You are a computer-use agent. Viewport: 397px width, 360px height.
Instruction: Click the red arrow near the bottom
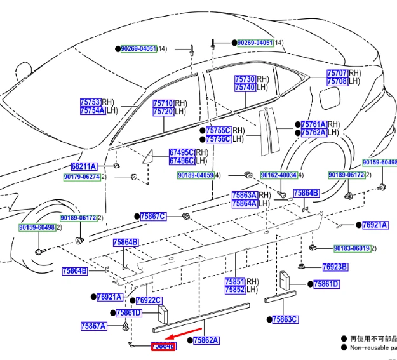pyautogui.click(x=185, y=335)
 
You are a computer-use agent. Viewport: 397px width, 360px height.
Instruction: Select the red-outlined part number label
pyautogui.click(x=163, y=345)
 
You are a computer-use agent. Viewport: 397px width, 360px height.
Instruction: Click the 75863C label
pyautogui.click(x=285, y=319)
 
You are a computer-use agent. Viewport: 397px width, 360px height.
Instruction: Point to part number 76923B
pyautogui.click(x=334, y=267)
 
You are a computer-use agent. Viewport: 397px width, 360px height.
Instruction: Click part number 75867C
pyautogui.click(x=153, y=217)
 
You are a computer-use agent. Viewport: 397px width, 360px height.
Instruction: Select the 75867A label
pyautogui.click(x=93, y=326)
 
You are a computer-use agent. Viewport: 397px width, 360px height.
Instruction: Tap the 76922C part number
pyautogui.click(x=148, y=300)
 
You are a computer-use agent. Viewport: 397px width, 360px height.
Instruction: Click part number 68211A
pyautogui.click(x=83, y=166)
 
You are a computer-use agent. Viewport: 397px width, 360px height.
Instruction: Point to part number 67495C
pyautogui.click(x=181, y=152)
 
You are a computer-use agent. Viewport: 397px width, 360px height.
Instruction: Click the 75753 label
pyautogui.click(x=90, y=102)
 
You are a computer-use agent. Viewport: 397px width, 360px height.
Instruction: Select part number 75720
pyautogui.click(x=163, y=112)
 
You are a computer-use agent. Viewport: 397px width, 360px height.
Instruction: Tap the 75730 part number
pyautogui.click(x=245, y=79)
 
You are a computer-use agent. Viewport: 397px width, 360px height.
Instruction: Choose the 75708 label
pyautogui.click(x=337, y=81)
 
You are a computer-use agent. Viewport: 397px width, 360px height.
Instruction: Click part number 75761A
pyautogui.click(x=313, y=124)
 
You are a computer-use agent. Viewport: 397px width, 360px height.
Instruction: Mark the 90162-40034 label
pyautogui.click(x=276, y=175)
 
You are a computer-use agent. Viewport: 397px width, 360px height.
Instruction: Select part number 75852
pyautogui.click(x=234, y=290)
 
